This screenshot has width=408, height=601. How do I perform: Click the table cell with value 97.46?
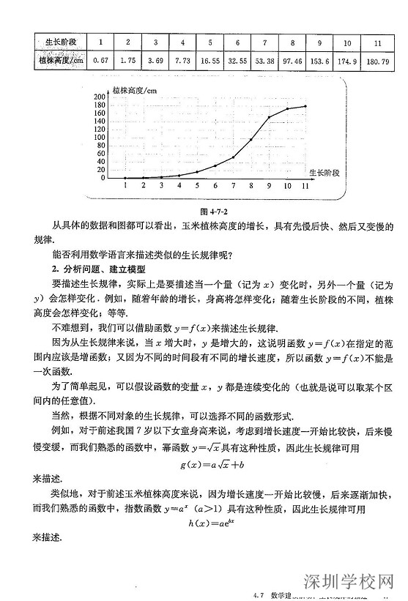pos(293,61)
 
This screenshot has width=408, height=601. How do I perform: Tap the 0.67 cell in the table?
pos(101,61)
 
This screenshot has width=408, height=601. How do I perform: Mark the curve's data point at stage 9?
pos(269,116)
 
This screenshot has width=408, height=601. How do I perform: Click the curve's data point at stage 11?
pos(305,106)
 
